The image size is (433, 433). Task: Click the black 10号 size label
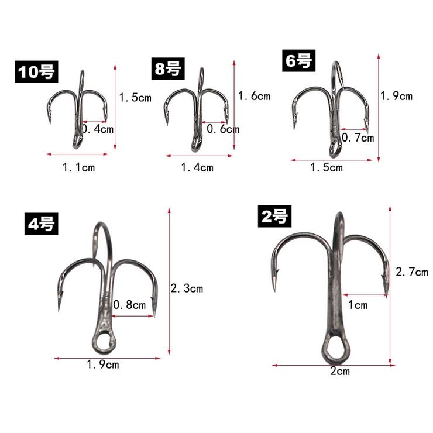pos(36,71)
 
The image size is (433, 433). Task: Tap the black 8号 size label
pos(168,69)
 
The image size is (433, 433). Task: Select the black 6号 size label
pos(298,61)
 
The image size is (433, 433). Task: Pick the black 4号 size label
pos(41,224)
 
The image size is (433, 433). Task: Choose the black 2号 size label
pos(274,216)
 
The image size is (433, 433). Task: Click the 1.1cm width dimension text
pos(79,167)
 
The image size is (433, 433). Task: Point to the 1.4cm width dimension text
pos(197,167)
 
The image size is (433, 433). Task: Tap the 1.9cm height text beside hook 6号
pos(396,96)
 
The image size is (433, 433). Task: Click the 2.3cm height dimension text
pos(187,288)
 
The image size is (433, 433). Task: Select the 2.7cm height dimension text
pos(412,272)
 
